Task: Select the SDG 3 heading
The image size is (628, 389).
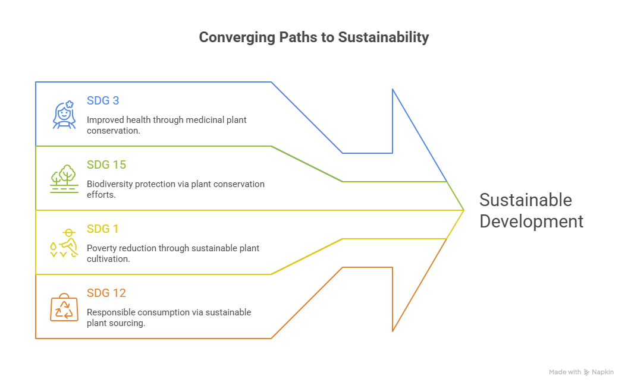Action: click(103, 100)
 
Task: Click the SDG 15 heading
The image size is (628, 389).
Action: click(106, 165)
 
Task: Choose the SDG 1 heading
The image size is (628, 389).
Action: click(103, 229)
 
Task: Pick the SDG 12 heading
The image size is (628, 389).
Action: click(106, 293)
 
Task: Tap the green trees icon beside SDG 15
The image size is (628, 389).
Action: click(64, 178)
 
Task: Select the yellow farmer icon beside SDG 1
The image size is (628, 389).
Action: click(64, 242)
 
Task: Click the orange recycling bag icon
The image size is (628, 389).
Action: click(64, 307)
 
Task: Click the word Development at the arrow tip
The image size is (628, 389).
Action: click(531, 222)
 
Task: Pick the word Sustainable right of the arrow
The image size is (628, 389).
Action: click(525, 200)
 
